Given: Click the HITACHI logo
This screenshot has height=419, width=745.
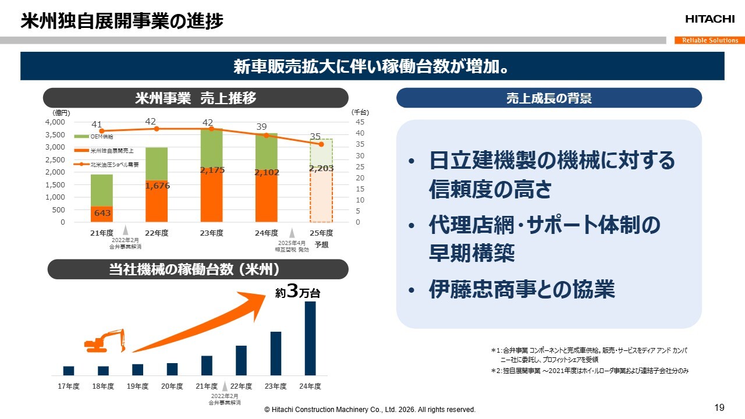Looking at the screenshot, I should [x=709, y=19].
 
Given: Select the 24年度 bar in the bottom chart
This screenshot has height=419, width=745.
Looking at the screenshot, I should [x=310, y=338].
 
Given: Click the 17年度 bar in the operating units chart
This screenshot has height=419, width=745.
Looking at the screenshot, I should [x=69, y=371].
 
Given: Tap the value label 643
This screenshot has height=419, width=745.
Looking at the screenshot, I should [x=102, y=214].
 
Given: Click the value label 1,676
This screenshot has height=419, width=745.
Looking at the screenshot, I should [x=157, y=186].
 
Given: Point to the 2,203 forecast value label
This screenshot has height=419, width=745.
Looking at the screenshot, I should [x=321, y=168].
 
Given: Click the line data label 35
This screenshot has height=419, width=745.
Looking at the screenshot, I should [x=315, y=136].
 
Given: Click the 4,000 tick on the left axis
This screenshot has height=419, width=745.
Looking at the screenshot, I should [x=55, y=122].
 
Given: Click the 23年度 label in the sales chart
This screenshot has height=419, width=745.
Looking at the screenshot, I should [x=211, y=233].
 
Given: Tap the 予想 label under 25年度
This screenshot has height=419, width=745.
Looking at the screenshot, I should [x=321, y=244].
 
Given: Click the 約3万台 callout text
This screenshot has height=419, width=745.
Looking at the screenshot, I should [x=297, y=293].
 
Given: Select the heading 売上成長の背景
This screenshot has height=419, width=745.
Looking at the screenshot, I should [x=549, y=98].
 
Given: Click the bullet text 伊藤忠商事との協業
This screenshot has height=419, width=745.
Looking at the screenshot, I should [x=521, y=289].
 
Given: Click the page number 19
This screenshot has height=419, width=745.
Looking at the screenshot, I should [x=719, y=407].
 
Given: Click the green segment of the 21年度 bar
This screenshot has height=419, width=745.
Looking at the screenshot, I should [x=102, y=190].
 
